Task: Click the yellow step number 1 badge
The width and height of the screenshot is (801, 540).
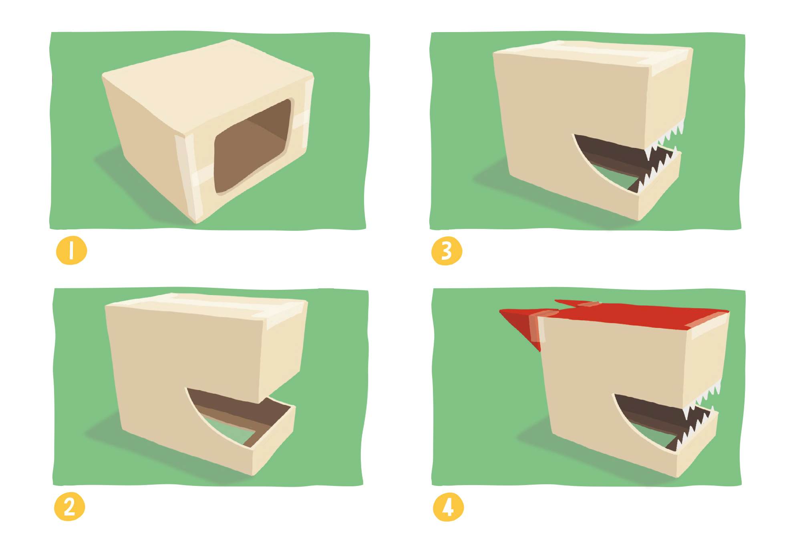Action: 71,251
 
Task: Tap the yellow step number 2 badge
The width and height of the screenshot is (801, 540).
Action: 70,507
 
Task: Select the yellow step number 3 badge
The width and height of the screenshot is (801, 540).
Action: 447,251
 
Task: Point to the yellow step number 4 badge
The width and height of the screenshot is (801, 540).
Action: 449,507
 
